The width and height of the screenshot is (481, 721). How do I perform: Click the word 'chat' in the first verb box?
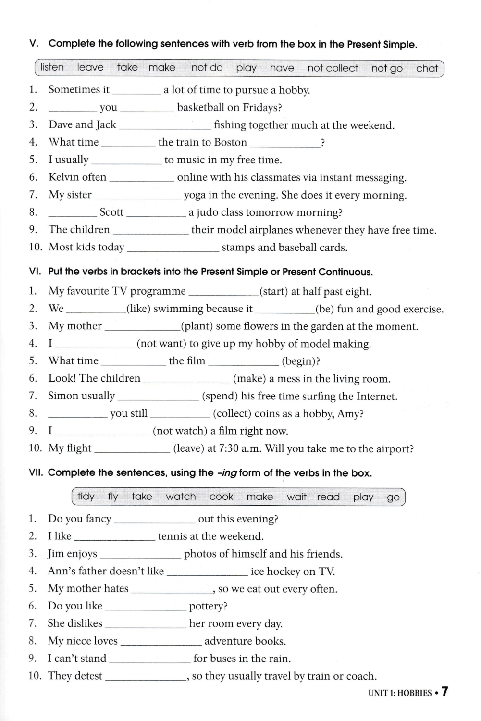point(427,68)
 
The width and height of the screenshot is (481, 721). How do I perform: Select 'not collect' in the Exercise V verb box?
point(333,68)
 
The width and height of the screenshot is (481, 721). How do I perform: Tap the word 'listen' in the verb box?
point(52,67)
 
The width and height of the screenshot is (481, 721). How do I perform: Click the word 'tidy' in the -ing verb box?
point(86,496)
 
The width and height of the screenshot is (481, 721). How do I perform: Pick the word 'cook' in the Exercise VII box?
point(221,497)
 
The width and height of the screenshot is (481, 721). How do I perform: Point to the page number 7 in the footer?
point(445,692)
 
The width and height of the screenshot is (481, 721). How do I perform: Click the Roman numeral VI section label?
point(35,272)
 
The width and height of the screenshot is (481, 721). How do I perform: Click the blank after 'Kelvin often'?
point(142,178)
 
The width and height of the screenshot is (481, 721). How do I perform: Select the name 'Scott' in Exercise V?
point(111,212)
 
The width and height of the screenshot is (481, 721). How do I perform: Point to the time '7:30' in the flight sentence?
point(229,448)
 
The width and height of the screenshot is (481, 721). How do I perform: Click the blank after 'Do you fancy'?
point(155,520)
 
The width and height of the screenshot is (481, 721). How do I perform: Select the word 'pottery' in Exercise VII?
point(206,606)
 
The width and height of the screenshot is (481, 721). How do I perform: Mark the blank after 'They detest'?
point(146,677)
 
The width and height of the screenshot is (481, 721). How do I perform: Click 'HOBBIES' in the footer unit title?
point(414,693)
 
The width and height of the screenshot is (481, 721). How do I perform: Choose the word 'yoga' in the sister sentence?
point(195,195)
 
